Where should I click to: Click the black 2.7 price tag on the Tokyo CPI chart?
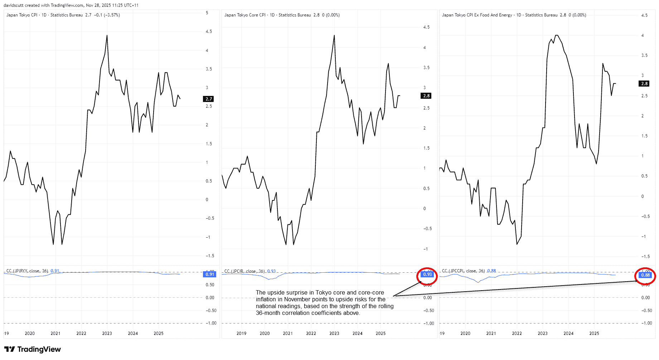click(209, 99)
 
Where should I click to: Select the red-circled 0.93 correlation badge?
click(427, 274)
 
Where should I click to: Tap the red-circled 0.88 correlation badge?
click(645, 275)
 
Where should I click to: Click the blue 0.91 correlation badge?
click(210, 274)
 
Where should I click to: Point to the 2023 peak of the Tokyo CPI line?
click(107, 35)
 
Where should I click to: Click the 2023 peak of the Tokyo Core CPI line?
click(334, 35)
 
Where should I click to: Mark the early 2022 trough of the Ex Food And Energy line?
click(517, 244)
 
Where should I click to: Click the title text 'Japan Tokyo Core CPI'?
click(245, 15)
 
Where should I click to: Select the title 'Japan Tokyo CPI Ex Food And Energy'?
click(477, 15)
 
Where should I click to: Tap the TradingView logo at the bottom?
click(33, 349)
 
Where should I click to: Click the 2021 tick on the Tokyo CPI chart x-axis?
click(55, 333)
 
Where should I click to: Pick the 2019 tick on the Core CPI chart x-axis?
click(241, 333)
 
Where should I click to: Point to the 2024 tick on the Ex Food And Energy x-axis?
click(568, 333)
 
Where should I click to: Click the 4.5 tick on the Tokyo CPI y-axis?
click(208, 31)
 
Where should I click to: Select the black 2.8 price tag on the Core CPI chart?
click(426, 96)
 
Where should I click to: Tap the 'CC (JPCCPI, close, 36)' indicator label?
click(463, 271)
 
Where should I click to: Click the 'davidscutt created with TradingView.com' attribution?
click(43, 5)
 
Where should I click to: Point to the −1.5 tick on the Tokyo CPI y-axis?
click(209, 256)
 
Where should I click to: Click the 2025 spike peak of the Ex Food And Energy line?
click(603, 64)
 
